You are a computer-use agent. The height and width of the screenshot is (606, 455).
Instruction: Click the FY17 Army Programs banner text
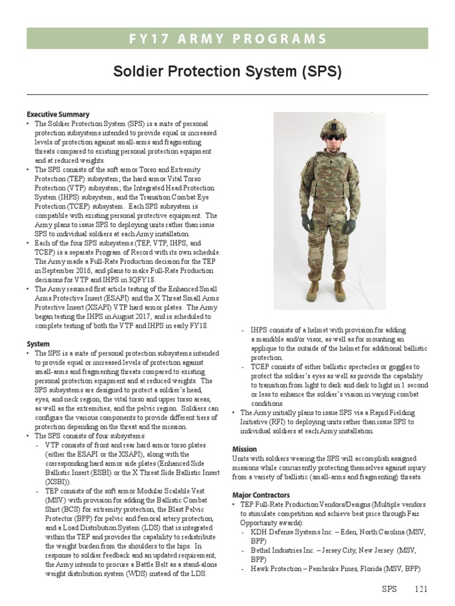[x=227, y=39]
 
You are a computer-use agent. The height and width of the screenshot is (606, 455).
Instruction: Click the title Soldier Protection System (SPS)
[x=227, y=72]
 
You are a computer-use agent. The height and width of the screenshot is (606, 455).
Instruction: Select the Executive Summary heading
[x=58, y=114]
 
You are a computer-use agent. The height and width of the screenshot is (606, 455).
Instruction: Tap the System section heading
[x=38, y=344]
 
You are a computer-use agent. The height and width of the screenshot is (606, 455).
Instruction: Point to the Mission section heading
[x=245, y=449]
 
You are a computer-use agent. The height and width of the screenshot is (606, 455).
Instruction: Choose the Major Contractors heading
[x=261, y=494]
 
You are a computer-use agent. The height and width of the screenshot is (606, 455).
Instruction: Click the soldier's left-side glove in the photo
[x=306, y=223]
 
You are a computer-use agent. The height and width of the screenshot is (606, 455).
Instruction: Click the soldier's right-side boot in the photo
[x=339, y=289]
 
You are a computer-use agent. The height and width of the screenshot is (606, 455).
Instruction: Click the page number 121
[x=420, y=589]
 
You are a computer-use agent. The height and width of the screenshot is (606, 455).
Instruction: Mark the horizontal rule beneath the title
[x=227, y=94]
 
